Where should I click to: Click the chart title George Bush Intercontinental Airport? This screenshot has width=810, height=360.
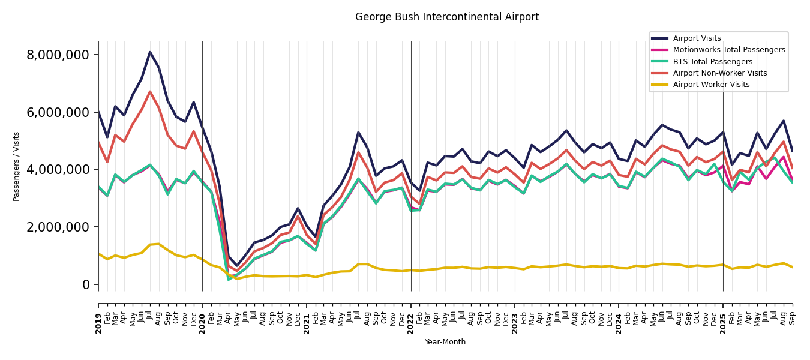click(x=447, y=17)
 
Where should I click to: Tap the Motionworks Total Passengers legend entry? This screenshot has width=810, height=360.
click(x=728, y=50)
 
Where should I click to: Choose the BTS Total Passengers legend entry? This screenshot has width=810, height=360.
click(x=712, y=62)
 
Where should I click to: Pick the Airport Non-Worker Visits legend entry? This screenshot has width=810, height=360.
click(x=719, y=73)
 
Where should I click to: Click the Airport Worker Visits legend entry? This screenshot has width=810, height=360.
click(x=711, y=85)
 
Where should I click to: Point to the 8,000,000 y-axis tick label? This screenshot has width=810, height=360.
click(x=58, y=55)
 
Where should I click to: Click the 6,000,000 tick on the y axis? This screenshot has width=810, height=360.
click(x=58, y=113)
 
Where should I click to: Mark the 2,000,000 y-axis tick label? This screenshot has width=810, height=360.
click(x=58, y=227)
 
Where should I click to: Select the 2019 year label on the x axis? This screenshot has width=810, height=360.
click(x=98, y=315)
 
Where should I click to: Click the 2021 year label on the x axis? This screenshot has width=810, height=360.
click(x=307, y=315)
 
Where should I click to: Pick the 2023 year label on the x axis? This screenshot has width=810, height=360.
click(x=515, y=315)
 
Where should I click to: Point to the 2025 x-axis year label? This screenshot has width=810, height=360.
click(x=723, y=315)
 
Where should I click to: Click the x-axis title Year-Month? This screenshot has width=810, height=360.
click(x=445, y=342)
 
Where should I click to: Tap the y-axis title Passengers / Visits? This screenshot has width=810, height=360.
click(x=17, y=166)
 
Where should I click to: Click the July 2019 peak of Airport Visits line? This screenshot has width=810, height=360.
click(x=150, y=52)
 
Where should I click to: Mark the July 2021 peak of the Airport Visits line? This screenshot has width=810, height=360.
click(x=358, y=133)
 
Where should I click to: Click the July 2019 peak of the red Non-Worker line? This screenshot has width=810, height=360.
click(x=150, y=92)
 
